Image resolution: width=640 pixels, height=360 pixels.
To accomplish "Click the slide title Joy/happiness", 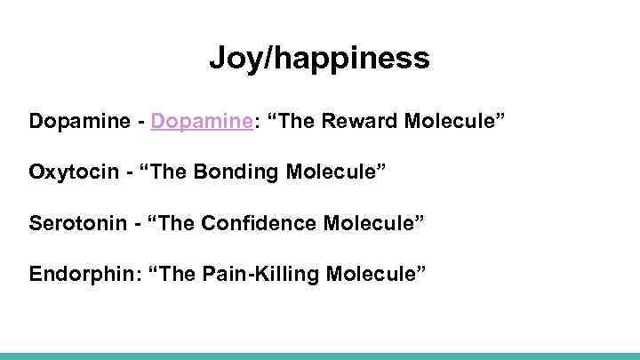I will click(320, 60).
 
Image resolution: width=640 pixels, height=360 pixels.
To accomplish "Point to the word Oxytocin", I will click(71, 169).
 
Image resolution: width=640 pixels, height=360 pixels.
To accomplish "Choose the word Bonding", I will click(244, 169).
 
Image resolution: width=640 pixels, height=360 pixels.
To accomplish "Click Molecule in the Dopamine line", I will click(457, 120).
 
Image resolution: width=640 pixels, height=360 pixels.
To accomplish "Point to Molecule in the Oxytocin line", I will click(332, 169).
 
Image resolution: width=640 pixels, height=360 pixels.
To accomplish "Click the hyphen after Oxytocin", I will click(125, 170).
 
